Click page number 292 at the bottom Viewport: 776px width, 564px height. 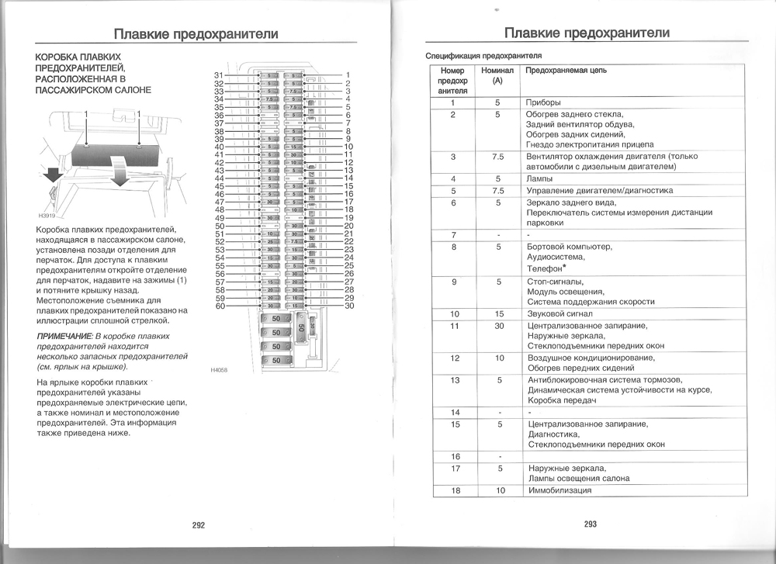[x=198, y=524]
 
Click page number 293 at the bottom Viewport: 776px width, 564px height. [x=591, y=524]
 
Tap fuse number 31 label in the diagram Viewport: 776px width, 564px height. [x=218, y=75]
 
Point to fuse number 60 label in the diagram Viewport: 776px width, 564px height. [x=219, y=306]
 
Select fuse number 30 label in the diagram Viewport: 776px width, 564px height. [x=349, y=306]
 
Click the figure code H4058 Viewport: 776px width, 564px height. [x=220, y=370]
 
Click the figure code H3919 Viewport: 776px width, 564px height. [x=47, y=216]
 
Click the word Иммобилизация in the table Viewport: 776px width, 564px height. [x=559, y=490]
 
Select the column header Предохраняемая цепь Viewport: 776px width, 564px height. [x=566, y=71]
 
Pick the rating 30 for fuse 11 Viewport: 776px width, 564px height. [x=498, y=326]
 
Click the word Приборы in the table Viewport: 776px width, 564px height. [x=543, y=102]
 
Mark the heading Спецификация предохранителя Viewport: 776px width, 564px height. [x=483, y=56]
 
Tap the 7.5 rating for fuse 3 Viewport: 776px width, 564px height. [x=498, y=156]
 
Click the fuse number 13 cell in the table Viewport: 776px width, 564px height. [x=455, y=380]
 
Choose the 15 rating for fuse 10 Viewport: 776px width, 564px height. [x=498, y=314]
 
